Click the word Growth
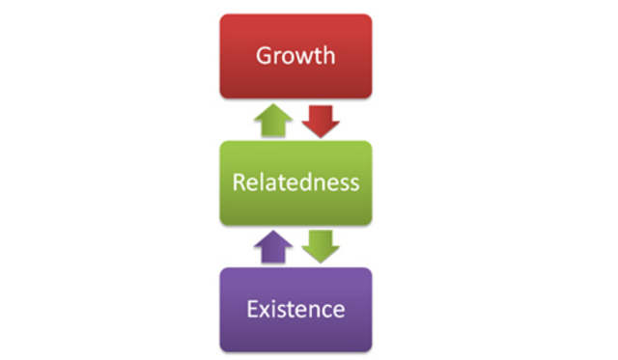click(295, 55)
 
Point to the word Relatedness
click(295, 182)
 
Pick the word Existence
click(295, 309)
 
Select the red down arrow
click(321, 121)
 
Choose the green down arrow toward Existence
click(321, 247)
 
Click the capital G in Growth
click(264, 55)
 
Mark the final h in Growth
click(328, 55)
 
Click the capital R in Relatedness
click(238, 182)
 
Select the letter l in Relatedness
click(261, 182)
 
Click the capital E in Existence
click(251, 309)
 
